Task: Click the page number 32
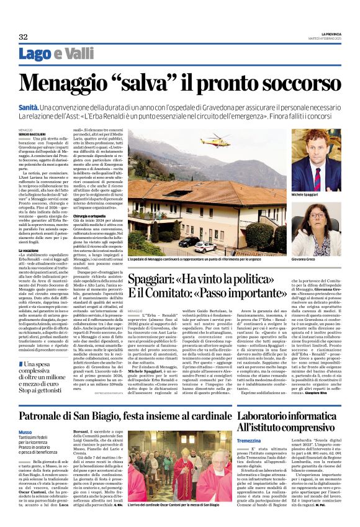(24, 37)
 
